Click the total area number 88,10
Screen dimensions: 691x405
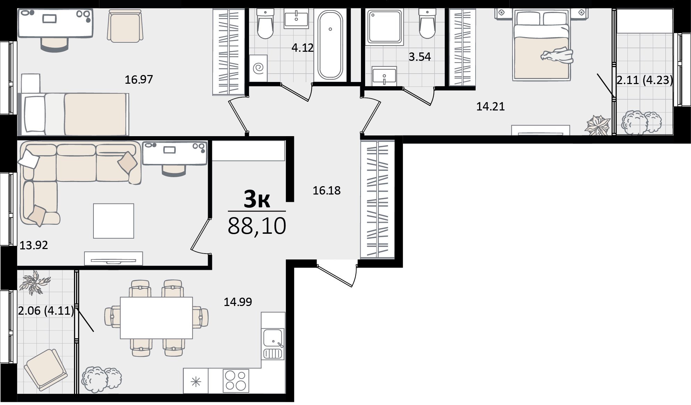coord(257,226)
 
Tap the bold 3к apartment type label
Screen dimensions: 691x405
coord(257,199)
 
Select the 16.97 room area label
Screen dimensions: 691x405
coord(139,80)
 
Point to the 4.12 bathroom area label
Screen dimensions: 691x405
coord(303,48)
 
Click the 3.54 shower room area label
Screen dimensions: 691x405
coord(420,57)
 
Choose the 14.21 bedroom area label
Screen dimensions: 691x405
coord(490,106)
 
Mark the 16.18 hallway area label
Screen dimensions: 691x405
coord(327,190)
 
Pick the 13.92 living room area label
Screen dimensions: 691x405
coord(34,246)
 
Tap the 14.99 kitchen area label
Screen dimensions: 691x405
coord(238,302)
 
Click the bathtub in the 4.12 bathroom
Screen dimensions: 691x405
coord(330,45)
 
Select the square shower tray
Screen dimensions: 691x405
coord(385,26)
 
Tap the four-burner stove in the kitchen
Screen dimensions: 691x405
coord(236,380)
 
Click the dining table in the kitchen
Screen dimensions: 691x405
coord(156,318)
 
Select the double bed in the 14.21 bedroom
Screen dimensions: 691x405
coord(542,45)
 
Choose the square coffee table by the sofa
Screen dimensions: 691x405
coord(114,221)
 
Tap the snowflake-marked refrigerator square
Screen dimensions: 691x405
coord(196,381)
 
